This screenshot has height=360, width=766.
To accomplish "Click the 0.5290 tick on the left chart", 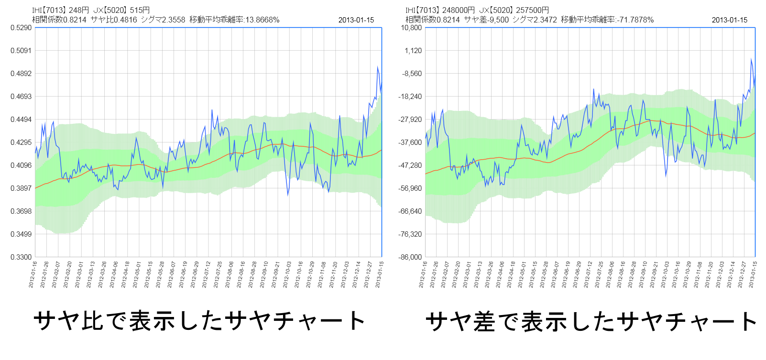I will [21, 28].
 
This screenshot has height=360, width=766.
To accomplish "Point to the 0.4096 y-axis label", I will [21, 165].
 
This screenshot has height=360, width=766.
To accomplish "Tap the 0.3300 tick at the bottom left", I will [21, 257].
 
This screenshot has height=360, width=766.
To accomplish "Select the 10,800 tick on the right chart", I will [411, 28].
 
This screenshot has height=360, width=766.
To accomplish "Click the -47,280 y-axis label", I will [411, 165].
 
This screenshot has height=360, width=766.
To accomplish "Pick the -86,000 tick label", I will [411, 257].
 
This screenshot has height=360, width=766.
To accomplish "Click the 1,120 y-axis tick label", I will [413, 51].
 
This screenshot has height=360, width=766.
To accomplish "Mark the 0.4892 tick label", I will [21, 74].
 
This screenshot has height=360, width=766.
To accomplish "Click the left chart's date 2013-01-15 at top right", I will [356, 20].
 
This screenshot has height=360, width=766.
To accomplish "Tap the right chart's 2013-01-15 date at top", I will [729, 20].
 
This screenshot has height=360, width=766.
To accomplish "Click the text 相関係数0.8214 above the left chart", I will [59, 20].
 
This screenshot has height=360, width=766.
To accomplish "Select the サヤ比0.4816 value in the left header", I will [114, 20].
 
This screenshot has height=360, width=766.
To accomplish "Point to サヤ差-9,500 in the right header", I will [486, 20].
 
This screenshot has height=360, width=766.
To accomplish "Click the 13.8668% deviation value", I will [262, 20].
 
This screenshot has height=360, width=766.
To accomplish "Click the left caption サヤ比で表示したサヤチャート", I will [199, 321].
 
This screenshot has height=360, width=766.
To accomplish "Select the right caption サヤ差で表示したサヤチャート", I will [591, 322].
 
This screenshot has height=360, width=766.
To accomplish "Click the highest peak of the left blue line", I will [378, 67].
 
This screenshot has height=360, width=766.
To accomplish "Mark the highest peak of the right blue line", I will [751, 59].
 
